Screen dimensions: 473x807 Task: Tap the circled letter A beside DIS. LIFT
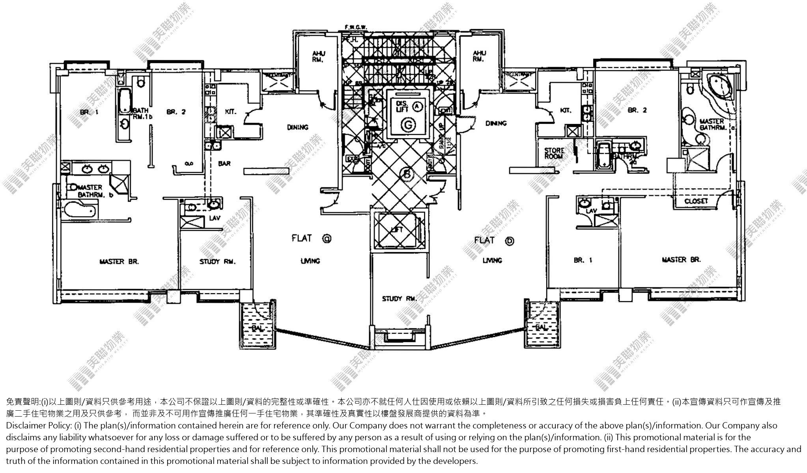(418, 106)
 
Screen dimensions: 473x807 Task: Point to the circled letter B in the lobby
(406, 173)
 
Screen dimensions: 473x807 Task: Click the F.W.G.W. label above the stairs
(356, 27)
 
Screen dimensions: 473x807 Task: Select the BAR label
(224, 163)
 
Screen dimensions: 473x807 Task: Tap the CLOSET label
(696, 201)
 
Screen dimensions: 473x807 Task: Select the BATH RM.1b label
(141, 114)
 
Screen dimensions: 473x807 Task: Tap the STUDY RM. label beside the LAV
(217, 262)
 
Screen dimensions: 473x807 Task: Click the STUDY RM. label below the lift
(399, 299)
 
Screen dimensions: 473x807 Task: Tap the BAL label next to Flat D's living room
(542, 327)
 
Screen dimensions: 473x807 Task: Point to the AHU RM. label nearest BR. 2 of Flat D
(479, 56)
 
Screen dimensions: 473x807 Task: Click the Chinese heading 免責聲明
(23, 402)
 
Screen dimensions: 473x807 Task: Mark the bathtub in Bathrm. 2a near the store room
(603, 155)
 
